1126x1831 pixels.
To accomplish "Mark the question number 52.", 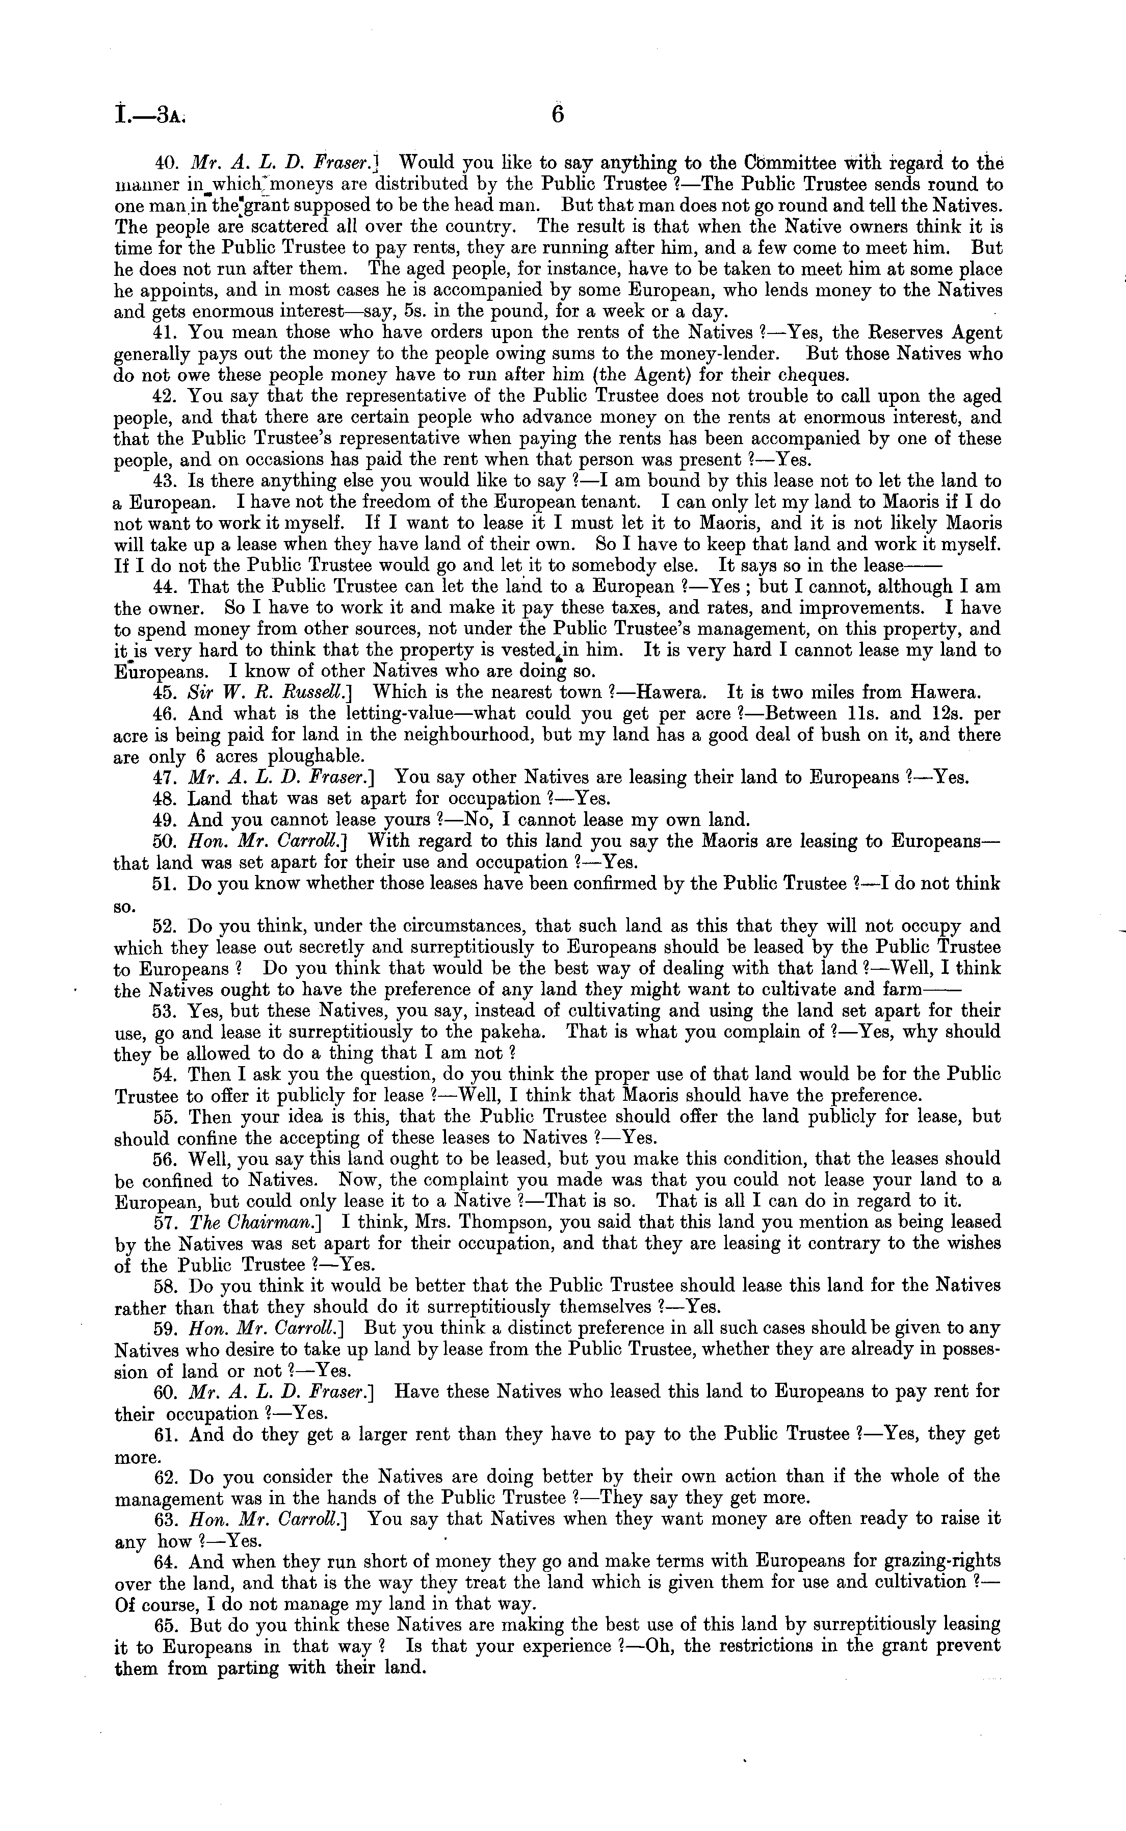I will [x=164, y=926].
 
